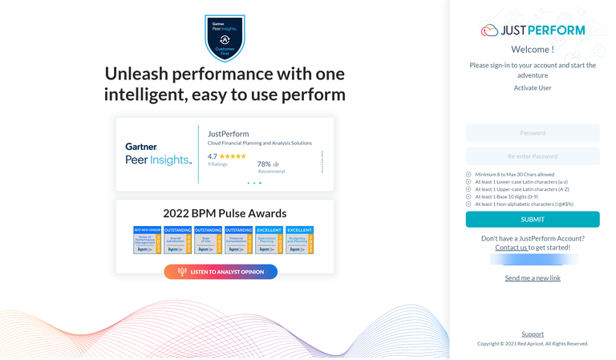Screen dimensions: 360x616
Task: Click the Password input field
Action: coord(533,133)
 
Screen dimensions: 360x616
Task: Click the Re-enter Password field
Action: coord(533,156)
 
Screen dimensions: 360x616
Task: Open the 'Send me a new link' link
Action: coord(533,278)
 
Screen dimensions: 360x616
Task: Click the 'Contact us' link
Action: coord(511,248)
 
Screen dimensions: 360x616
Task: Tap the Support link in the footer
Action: coord(533,334)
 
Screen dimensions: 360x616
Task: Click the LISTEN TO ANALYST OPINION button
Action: coord(221,272)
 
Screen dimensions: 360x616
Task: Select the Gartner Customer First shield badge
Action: coord(225,37)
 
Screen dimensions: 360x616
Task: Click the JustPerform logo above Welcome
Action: coord(533,30)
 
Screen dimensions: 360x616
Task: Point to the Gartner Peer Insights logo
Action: coord(158,153)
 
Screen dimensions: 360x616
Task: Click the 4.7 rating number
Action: coord(213,156)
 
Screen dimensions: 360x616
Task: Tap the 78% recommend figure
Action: coord(264,164)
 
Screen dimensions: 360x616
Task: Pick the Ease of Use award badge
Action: coord(209,241)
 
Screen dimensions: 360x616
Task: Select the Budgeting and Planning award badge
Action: coord(299,241)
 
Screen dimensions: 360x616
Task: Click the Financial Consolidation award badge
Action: coord(239,241)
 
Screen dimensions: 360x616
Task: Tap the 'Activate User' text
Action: coord(533,88)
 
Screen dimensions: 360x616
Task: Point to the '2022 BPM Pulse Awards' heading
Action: coord(225,213)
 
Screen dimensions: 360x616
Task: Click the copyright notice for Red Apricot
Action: coord(533,344)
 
